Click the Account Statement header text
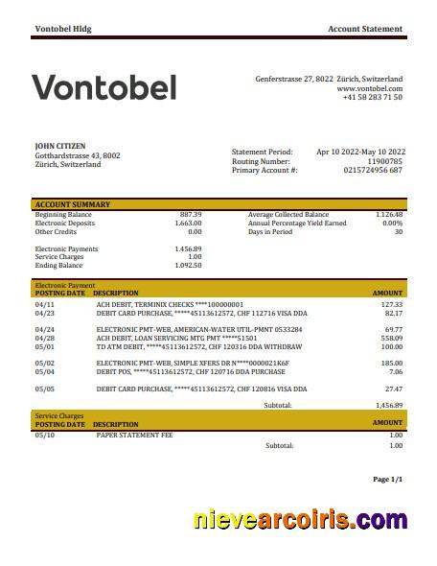tap(365, 30)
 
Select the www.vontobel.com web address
tap(369, 87)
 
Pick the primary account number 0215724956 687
tap(373, 170)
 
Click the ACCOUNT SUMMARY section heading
tap(73, 204)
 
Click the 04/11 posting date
tap(45, 303)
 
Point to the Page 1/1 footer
tap(387, 479)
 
